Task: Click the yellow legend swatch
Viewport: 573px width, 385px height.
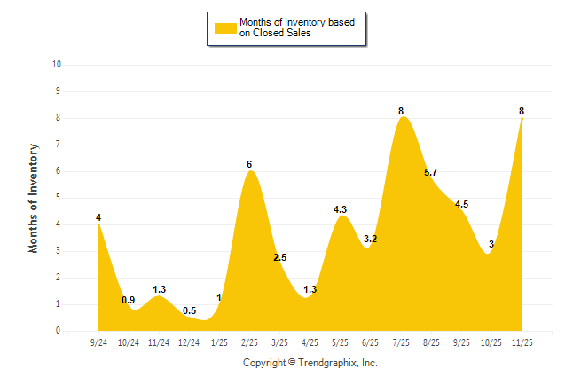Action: tap(224, 27)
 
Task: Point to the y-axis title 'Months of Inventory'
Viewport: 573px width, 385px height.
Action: tap(34, 198)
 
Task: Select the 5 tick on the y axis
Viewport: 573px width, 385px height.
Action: tap(58, 198)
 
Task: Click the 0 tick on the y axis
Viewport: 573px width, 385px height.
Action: tap(58, 331)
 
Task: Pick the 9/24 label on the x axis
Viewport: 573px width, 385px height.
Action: tap(98, 343)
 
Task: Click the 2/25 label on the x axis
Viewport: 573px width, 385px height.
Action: tap(249, 343)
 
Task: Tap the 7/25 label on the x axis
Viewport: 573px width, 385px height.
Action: tap(401, 343)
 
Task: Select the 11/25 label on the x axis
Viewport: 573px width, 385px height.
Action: tap(522, 343)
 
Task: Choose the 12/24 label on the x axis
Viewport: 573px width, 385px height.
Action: tap(189, 343)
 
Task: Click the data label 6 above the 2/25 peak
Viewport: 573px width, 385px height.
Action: tap(249, 164)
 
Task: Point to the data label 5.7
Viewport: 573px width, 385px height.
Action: tap(431, 172)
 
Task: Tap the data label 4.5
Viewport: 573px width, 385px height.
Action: tap(461, 204)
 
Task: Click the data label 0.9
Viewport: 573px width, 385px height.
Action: tap(129, 300)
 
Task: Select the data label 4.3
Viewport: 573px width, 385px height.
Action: tap(340, 209)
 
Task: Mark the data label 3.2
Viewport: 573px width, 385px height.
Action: tap(371, 239)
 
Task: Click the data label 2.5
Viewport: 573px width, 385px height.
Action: tap(279, 257)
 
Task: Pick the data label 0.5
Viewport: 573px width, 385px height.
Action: tap(189, 310)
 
